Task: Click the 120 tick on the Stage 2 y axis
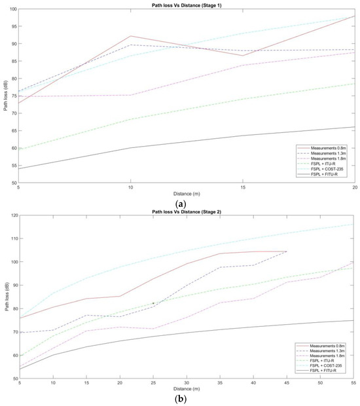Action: coord(13,215)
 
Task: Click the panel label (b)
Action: coord(180,398)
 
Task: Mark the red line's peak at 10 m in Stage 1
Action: coord(131,36)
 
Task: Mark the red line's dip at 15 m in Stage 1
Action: coord(242,56)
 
